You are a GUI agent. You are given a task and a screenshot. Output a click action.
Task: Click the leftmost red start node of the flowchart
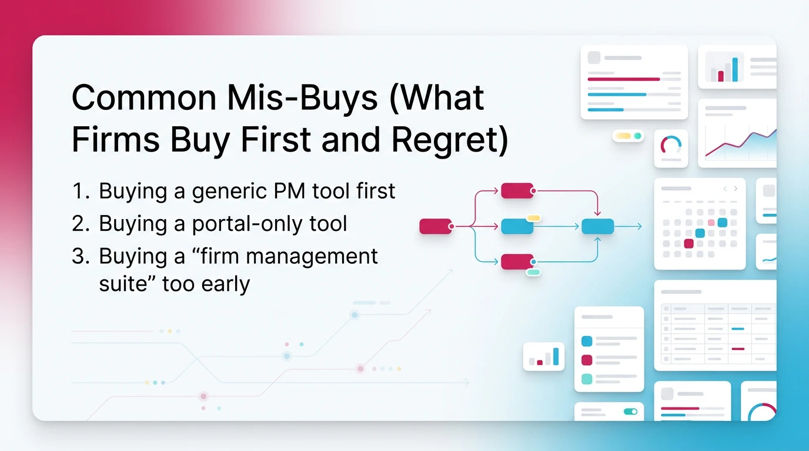point(436,226)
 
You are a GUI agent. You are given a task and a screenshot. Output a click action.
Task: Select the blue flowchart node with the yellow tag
point(517,226)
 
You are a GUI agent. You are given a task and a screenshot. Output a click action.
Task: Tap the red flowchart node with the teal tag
point(517,262)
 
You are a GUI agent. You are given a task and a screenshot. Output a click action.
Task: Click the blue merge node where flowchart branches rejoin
point(597,226)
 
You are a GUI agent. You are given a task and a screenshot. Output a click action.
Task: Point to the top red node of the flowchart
point(517,190)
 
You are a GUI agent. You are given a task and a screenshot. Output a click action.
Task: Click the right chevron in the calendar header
point(736,189)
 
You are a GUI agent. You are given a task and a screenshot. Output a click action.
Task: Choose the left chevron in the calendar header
point(725,189)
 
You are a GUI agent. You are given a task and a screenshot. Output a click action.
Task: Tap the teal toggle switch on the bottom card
point(630,412)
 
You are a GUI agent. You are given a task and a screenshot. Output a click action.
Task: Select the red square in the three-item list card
point(586,360)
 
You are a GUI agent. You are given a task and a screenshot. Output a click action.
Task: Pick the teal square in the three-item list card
point(586,379)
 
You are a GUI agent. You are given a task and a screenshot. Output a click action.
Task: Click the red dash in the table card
point(737,349)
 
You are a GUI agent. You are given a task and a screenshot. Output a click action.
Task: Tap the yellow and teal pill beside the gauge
point(627,136)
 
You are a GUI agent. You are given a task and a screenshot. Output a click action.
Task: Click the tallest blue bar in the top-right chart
point(734,70)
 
